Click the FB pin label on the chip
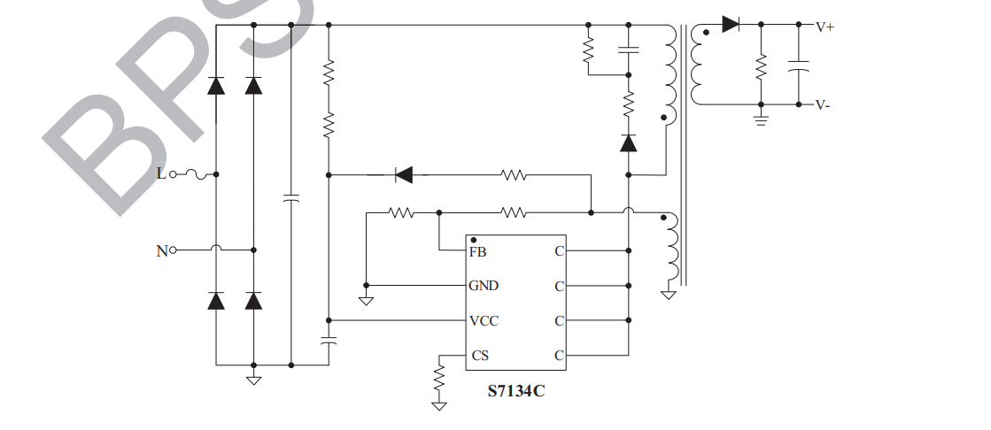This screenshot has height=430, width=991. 477,251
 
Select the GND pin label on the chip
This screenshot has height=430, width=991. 484,286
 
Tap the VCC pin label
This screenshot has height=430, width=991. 484,320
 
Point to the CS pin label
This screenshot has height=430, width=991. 479,356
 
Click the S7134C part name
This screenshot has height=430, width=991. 516,390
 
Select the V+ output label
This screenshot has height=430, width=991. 825,27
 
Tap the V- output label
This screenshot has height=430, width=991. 823,105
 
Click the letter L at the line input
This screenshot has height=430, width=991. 160,173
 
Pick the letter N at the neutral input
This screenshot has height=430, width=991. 161,250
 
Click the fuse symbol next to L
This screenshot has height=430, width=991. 196,174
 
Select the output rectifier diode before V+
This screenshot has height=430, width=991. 731,24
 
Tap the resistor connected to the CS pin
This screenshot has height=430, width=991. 438,380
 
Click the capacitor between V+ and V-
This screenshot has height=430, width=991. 798,65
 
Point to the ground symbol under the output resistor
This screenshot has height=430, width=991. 760,119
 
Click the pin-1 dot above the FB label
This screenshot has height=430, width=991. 474,240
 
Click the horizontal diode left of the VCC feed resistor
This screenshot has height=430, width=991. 404,175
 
